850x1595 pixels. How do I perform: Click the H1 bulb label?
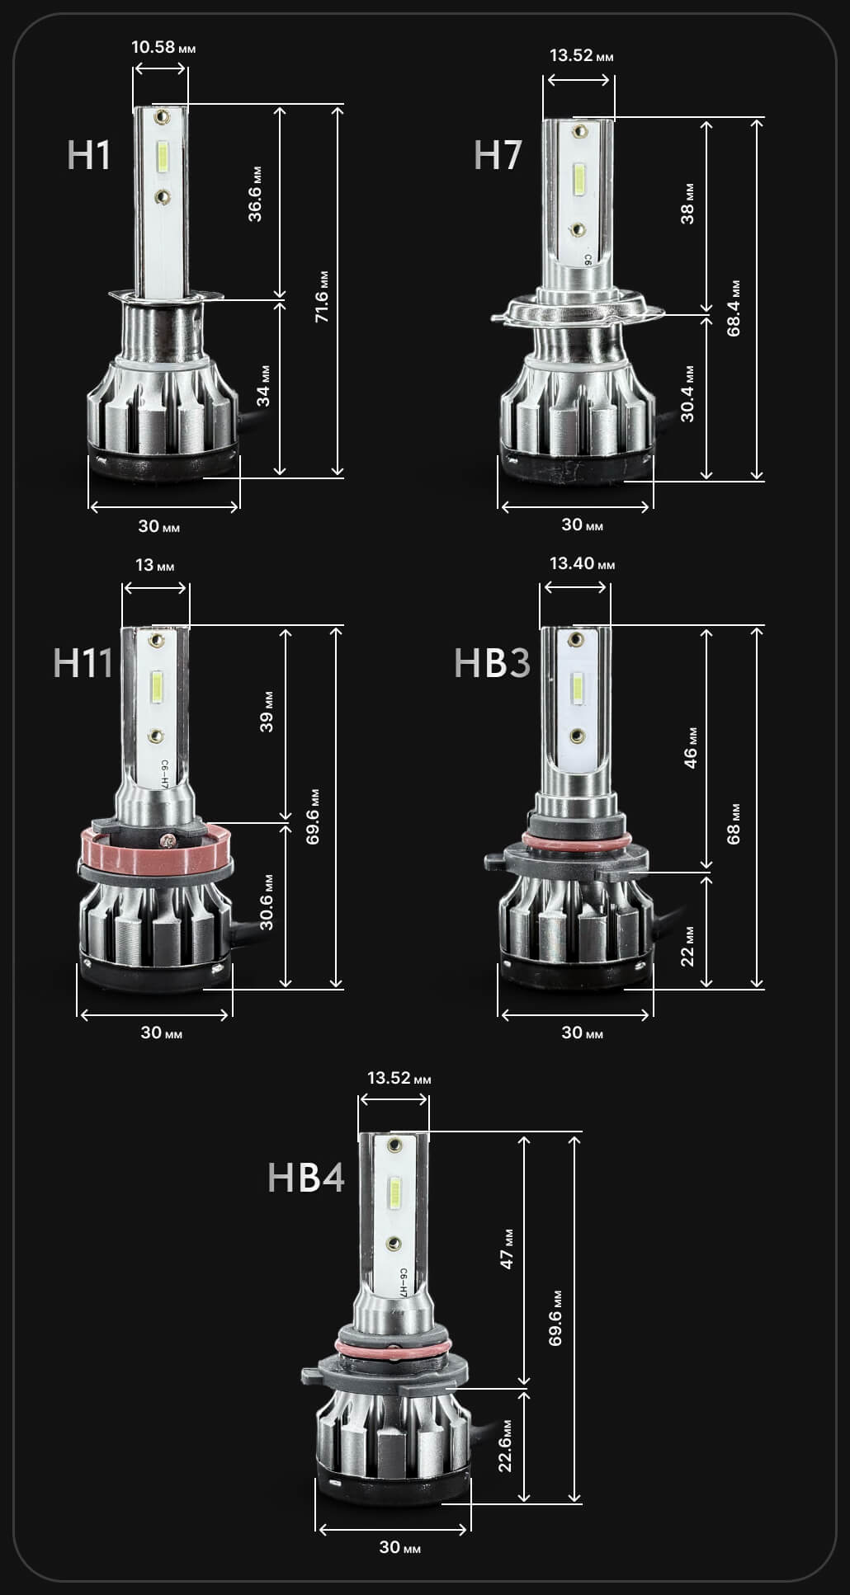tap(88, 155)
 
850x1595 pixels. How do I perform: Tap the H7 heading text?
tap(498, 155)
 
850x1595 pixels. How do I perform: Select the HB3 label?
tap(492, 663)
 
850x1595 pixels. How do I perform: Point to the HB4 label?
tap(306, 1177)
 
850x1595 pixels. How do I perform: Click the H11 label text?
tap(83, 663)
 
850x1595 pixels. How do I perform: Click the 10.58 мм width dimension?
tap(163, 47)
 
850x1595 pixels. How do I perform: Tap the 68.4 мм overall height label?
tap(734, 308)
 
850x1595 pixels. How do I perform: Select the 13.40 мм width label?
tap(583, 563)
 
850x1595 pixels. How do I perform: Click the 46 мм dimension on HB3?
tap(691, 747)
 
